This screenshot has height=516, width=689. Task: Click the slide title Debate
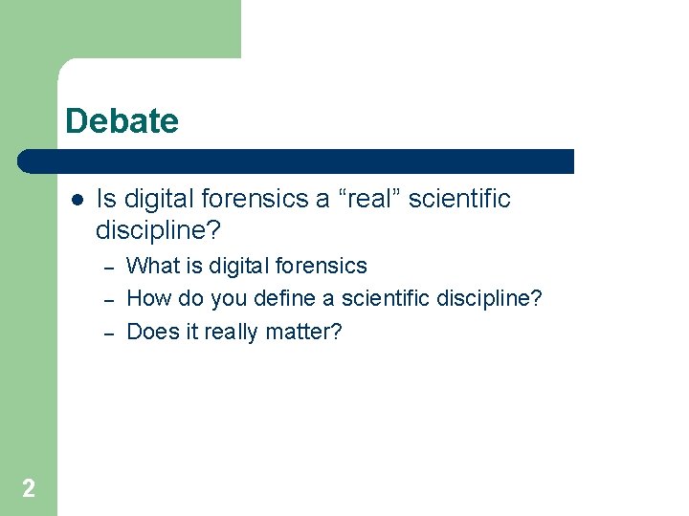(122, 121)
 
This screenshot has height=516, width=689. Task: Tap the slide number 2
(29, 489)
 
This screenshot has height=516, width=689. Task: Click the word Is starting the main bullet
(106, 199)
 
